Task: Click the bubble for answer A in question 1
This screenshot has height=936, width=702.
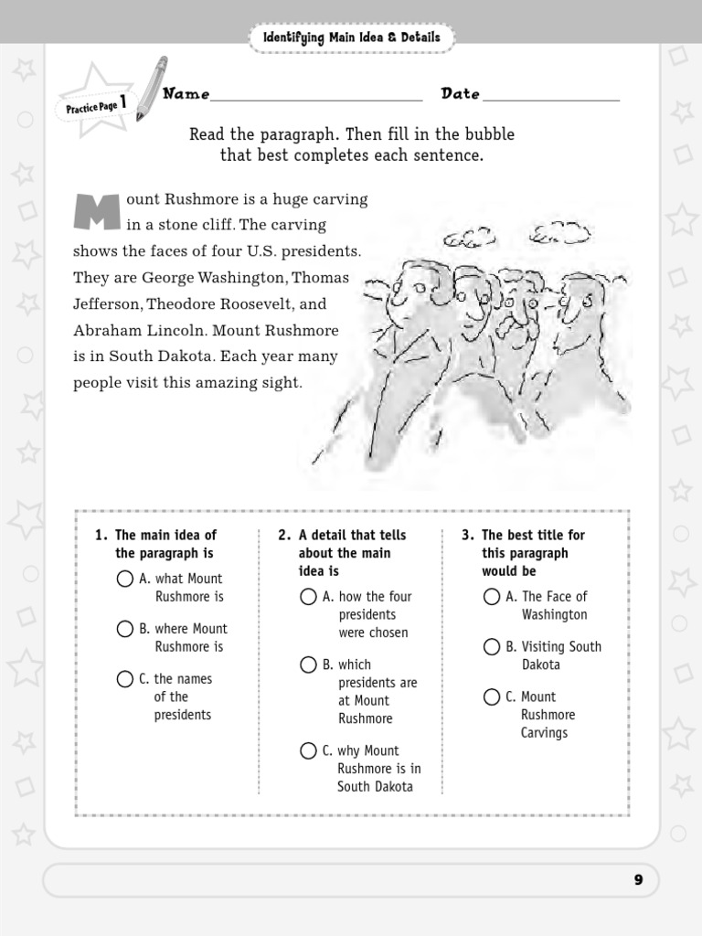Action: (x=125, y=579)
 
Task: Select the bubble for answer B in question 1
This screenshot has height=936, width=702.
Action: (x=125, y=629)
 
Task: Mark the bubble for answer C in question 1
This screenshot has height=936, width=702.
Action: (x=125, y=679)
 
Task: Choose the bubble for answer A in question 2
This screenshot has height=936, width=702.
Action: (x=309, y=597)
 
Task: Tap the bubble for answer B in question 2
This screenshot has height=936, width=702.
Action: (x=309, y=665)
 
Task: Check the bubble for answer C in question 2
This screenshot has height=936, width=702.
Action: (x=309, y=751)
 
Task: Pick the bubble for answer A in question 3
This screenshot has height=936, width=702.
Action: (x=493, y=597)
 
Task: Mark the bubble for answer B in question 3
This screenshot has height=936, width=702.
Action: (x=493, y=647)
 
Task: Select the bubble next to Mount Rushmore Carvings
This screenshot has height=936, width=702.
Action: (x=493, y=697)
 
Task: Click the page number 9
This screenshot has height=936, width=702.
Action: (x=638, y=880)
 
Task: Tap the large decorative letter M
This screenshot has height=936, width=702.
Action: (x=97, y=212)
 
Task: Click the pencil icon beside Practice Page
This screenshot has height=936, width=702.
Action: (x=151, y=89)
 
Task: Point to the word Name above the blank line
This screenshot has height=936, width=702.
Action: (x=186, y=94)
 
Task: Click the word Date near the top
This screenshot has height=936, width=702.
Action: (x=461, y=94)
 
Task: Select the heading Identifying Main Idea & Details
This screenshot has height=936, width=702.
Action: (x=351, y=37)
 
